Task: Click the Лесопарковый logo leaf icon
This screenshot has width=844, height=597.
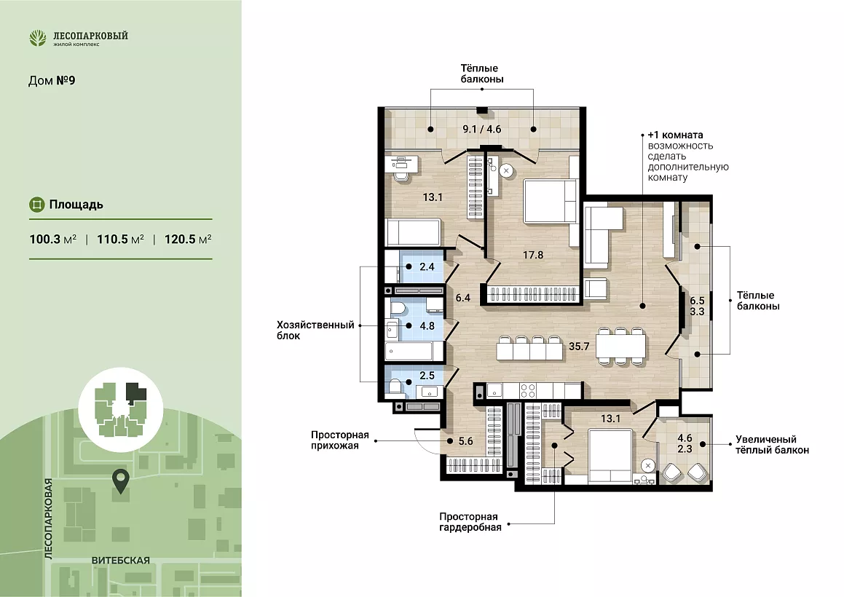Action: point(38,38)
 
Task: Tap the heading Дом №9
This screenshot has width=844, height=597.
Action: point(52,81)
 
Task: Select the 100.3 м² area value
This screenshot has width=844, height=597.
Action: point(52,239)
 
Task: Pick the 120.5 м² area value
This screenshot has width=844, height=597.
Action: point(188,239)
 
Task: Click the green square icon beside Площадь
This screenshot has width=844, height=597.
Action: point(36,205)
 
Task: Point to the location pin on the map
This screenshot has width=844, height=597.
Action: point(121,481)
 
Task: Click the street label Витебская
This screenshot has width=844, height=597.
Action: point(121,561)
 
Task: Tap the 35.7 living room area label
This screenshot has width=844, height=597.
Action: point(579,346)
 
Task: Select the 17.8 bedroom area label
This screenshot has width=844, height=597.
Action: point(533,255)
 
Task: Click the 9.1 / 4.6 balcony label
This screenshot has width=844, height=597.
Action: point(482,129)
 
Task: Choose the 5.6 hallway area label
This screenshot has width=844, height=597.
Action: point(465,441)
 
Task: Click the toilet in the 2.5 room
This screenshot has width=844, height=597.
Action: point(395,387)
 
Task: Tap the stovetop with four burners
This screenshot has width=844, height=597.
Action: point(527,390)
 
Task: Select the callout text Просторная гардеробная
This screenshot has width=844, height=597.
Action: point(470,522)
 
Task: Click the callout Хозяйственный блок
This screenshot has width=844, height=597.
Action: point(315,330)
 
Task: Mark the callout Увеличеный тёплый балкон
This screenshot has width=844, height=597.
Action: point(772,445)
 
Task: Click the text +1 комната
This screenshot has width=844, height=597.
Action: point(675,135)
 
